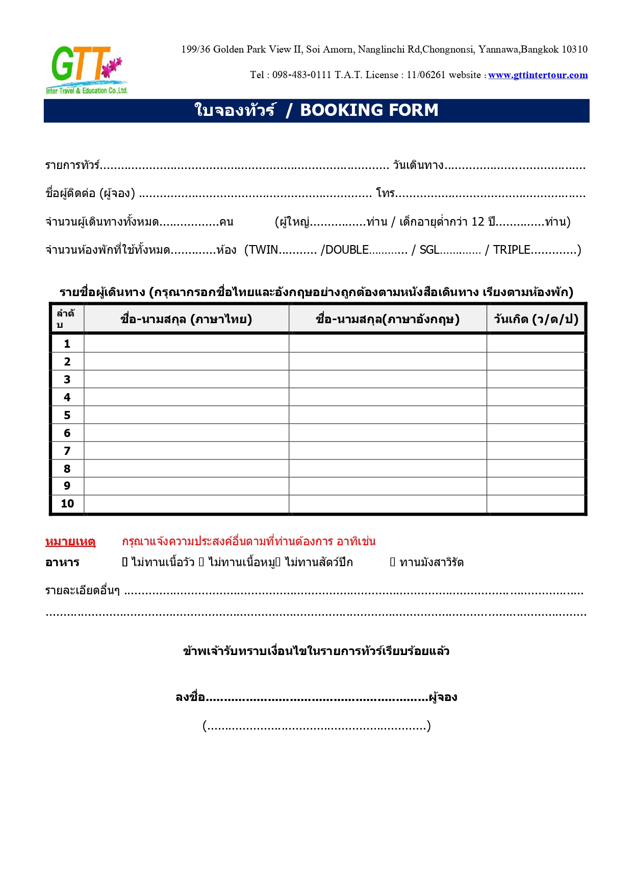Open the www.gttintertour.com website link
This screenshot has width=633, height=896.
point(538,75)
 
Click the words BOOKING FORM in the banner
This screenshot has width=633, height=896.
point(369,110)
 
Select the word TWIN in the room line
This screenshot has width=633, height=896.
point(263,250)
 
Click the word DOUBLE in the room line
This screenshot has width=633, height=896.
point(347,250)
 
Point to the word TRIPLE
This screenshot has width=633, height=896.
point(511,250)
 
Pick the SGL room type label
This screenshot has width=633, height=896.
point(429,250)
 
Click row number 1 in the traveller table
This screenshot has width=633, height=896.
point(67,344)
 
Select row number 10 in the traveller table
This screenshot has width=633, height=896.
point(67,504)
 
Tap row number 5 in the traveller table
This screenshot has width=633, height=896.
point(67,415)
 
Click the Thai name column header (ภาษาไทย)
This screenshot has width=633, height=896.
point(186,319)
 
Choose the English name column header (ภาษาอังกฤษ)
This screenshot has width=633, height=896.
point(388,319)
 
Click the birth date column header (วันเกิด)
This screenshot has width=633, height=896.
point(536,319)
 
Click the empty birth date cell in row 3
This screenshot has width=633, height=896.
point(536,379)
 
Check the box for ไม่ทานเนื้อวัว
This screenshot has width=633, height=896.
point(125,562)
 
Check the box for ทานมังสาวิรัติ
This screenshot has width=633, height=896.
point(393,562)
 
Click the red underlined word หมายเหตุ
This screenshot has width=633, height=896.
point(70,541)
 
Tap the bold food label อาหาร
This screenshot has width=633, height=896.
point(62,563)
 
